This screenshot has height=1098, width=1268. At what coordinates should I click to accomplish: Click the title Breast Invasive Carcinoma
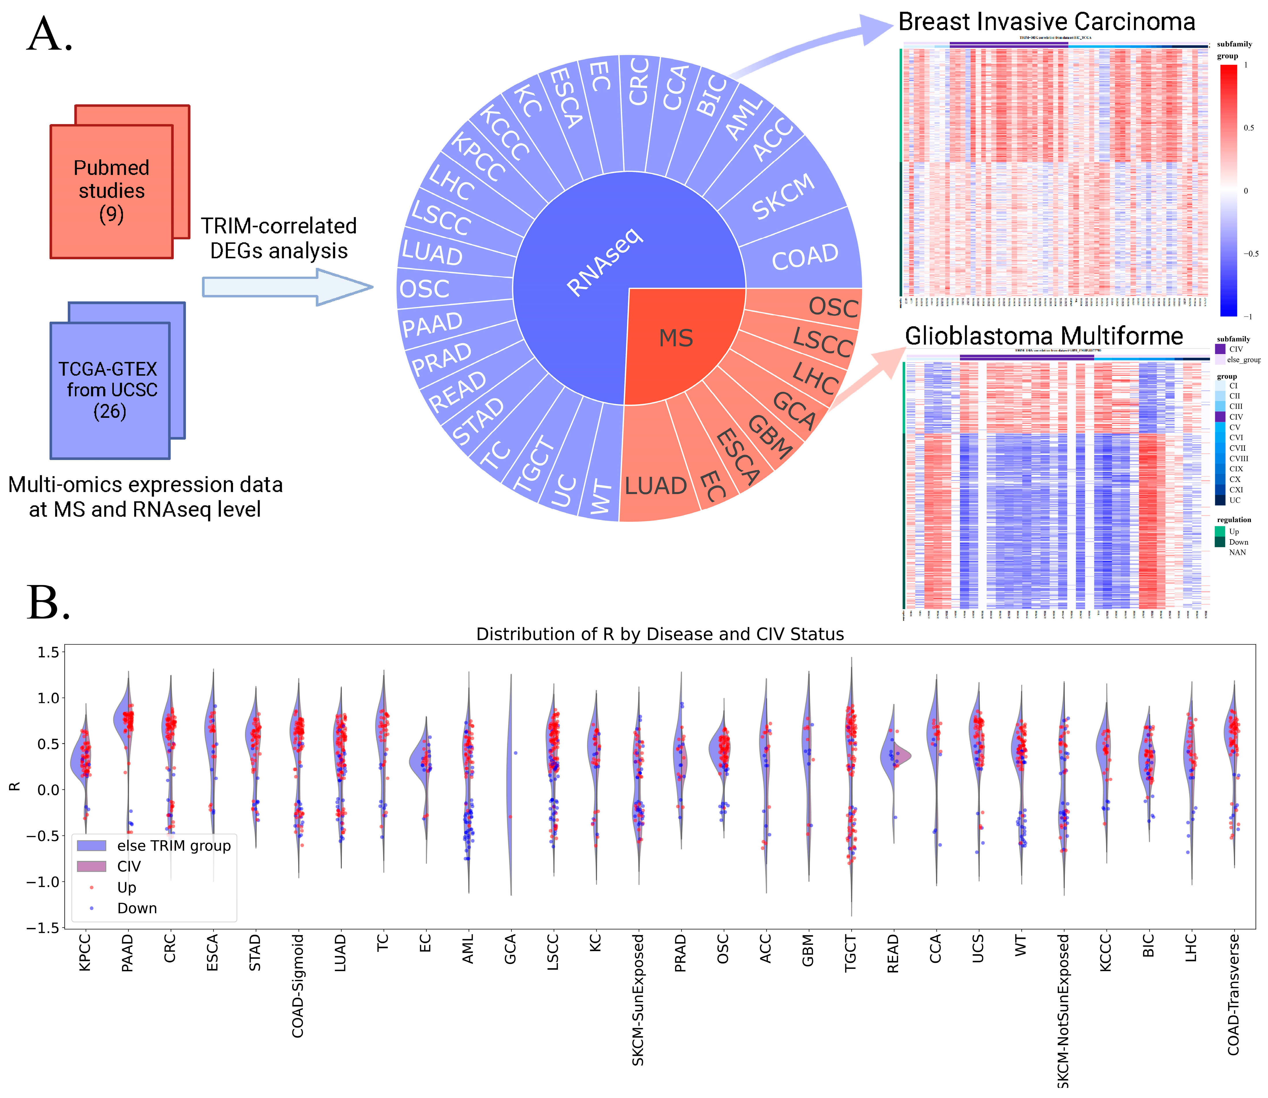click(1046, 22)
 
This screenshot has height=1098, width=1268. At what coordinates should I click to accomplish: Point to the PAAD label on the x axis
click(127, 953)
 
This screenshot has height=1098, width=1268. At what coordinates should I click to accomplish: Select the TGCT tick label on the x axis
click(850, 953)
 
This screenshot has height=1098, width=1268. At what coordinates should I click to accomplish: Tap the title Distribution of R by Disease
click(660, 634)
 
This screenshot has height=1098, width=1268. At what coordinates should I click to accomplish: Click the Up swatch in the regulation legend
click(1220, 531)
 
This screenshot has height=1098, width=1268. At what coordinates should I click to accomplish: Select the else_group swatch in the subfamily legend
click(1220, 360)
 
